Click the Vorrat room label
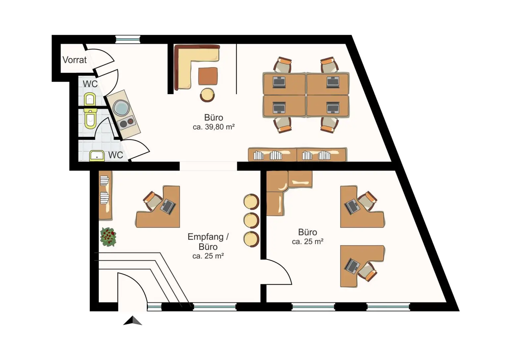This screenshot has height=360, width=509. (75, 60)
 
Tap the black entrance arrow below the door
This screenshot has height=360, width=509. (133, 321)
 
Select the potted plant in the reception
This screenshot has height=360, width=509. (108, 237)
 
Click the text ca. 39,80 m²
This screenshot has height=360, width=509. (214, 127)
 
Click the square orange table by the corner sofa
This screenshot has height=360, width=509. (208, 76)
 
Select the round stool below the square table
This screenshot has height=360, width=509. (207, 95)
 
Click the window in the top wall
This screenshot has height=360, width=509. (128, 39)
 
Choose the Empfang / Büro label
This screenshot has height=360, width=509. (208, 242)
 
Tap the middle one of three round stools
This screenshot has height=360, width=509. (251, 220)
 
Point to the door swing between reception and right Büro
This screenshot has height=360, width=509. (278, 272)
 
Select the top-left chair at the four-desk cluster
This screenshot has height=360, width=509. (282, 65)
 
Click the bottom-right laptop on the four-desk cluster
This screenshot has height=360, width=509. (332, 108)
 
